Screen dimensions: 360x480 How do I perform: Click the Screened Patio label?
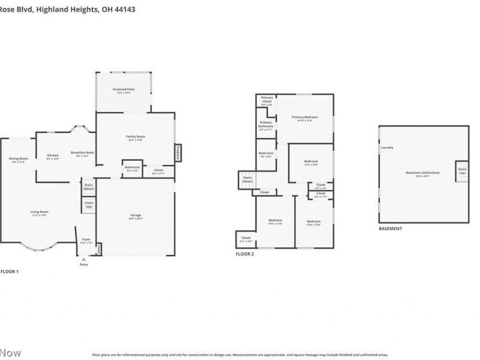point(123,91)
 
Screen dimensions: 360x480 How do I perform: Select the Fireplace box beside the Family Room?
point(178,153)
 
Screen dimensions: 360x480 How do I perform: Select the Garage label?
point(136,217)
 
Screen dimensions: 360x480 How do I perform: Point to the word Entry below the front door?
point(83,265)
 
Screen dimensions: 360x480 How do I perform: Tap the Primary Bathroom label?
point(266,124)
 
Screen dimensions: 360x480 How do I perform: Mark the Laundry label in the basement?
point(386,148)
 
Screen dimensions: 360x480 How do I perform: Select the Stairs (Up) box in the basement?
point(462,171)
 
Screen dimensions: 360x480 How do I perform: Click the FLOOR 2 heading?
point(245,254)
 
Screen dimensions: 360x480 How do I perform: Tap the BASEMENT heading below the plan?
point(390,229)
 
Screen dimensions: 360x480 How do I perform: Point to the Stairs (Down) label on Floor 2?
point(247,179)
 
